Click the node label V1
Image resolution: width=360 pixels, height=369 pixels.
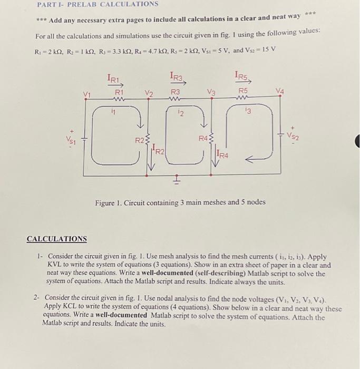tap(87, 95)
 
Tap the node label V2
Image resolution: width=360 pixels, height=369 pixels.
tap(149, 94)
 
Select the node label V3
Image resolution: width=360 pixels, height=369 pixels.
tap(211, 93)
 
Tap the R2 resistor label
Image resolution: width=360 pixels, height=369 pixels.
tap(139, 140)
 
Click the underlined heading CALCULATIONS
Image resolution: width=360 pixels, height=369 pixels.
tap(57, 239)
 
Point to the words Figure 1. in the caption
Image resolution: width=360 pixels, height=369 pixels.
tap(109, 202)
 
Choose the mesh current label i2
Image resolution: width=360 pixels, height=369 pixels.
tap(180, 112)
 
